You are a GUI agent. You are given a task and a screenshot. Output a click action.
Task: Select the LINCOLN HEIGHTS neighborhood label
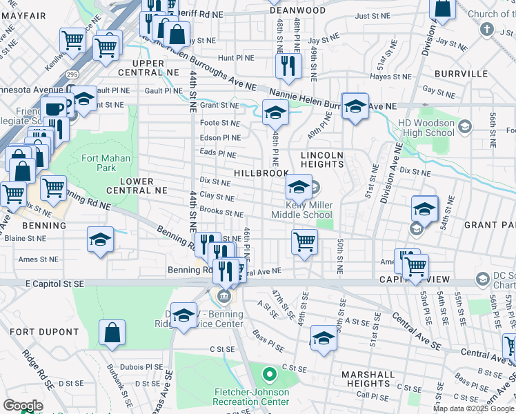coord(321,159)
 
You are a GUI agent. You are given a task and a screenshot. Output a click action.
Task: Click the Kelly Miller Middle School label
coord(310,210)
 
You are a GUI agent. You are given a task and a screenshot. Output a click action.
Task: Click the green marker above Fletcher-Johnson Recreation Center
coord(269,375)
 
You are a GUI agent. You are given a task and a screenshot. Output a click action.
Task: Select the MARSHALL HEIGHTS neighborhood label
coord(368,379)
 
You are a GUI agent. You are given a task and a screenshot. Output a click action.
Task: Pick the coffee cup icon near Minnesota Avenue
coord(52,108)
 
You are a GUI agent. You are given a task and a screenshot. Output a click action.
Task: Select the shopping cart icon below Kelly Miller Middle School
coord(304,241)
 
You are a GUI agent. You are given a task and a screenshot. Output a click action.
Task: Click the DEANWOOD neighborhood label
coord(297,10)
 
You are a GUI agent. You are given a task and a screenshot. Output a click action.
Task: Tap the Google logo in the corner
coord(23,406)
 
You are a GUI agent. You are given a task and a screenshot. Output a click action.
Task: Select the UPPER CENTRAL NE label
coord(143,68)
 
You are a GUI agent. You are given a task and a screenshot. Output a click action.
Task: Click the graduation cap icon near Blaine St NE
coord(101,239)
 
